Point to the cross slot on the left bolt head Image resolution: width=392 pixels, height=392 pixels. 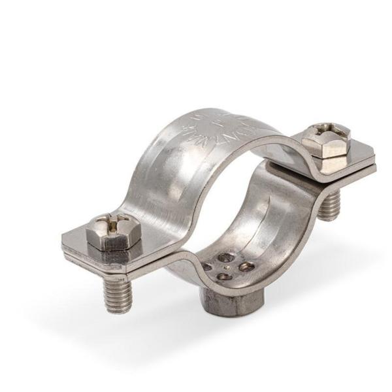(108, 225)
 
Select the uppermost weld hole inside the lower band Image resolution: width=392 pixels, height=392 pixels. (226, 258)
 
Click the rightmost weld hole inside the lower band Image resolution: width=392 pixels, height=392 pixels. (247, 267)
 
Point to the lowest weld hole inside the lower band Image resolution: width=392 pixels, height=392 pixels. (223, 277)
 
